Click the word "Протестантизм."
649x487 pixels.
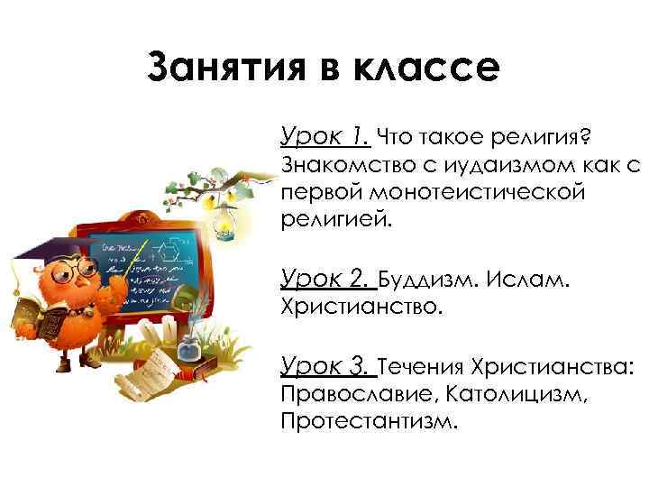(x=370, y=422)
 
